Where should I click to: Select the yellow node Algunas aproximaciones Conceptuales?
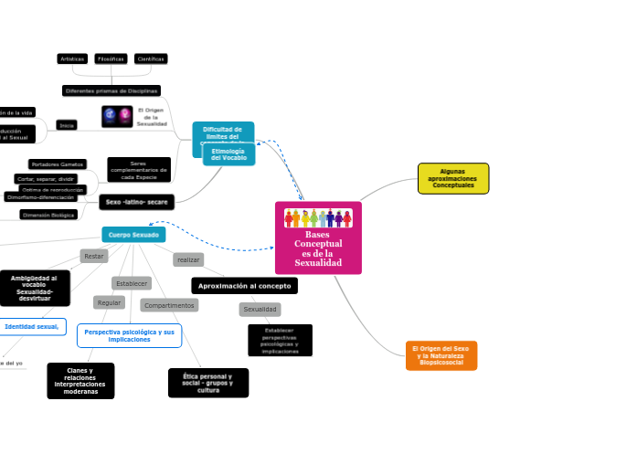(452, 178)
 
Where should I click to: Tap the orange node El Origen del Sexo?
(441, 355)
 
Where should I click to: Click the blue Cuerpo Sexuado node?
(133, 235)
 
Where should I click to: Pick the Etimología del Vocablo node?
(228, 154)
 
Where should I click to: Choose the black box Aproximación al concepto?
(244, 286)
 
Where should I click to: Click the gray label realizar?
(188, 260)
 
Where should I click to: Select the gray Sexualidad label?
(260, 310)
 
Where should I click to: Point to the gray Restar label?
(94, 257)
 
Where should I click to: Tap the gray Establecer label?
(132, 283)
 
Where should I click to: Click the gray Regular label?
(109, 302)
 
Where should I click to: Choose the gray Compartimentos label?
(169, 305)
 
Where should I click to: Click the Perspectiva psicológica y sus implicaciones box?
(129, 335)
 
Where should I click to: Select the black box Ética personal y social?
(208, 383)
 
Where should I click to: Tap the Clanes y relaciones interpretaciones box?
(80, 381)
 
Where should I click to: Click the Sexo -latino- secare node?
(136, 202)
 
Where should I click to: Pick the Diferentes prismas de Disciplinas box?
(111, 90)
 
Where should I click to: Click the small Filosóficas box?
(111, 58)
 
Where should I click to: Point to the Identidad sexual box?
(32, 326)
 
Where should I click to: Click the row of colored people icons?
(318, 218)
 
